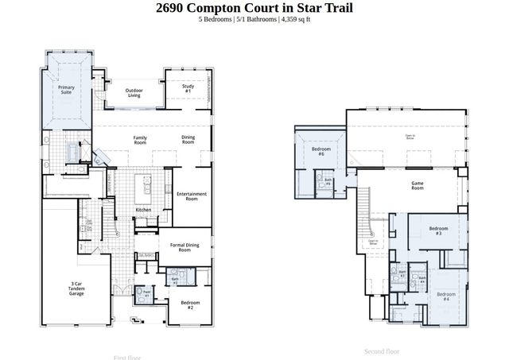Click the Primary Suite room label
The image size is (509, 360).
pos(65,90)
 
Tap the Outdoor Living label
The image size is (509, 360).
pos(134,93)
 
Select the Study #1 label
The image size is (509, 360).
pos(188,90)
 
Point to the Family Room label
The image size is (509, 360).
pos(140,139)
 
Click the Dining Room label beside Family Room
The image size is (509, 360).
pos(188,139)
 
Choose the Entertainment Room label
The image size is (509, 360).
pos(192,195)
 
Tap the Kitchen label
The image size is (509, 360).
pos(143,210)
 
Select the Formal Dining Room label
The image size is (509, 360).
pos(185,247)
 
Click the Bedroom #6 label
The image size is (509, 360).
pos(321,151)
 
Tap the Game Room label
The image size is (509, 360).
pos(417,186)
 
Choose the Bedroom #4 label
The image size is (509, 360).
pos(445,297)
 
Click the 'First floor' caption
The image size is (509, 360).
pos(127,358)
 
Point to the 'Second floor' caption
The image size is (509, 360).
pos(381,351)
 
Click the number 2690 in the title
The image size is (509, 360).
pos(173,8)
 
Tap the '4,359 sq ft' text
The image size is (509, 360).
pos(294,19)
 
